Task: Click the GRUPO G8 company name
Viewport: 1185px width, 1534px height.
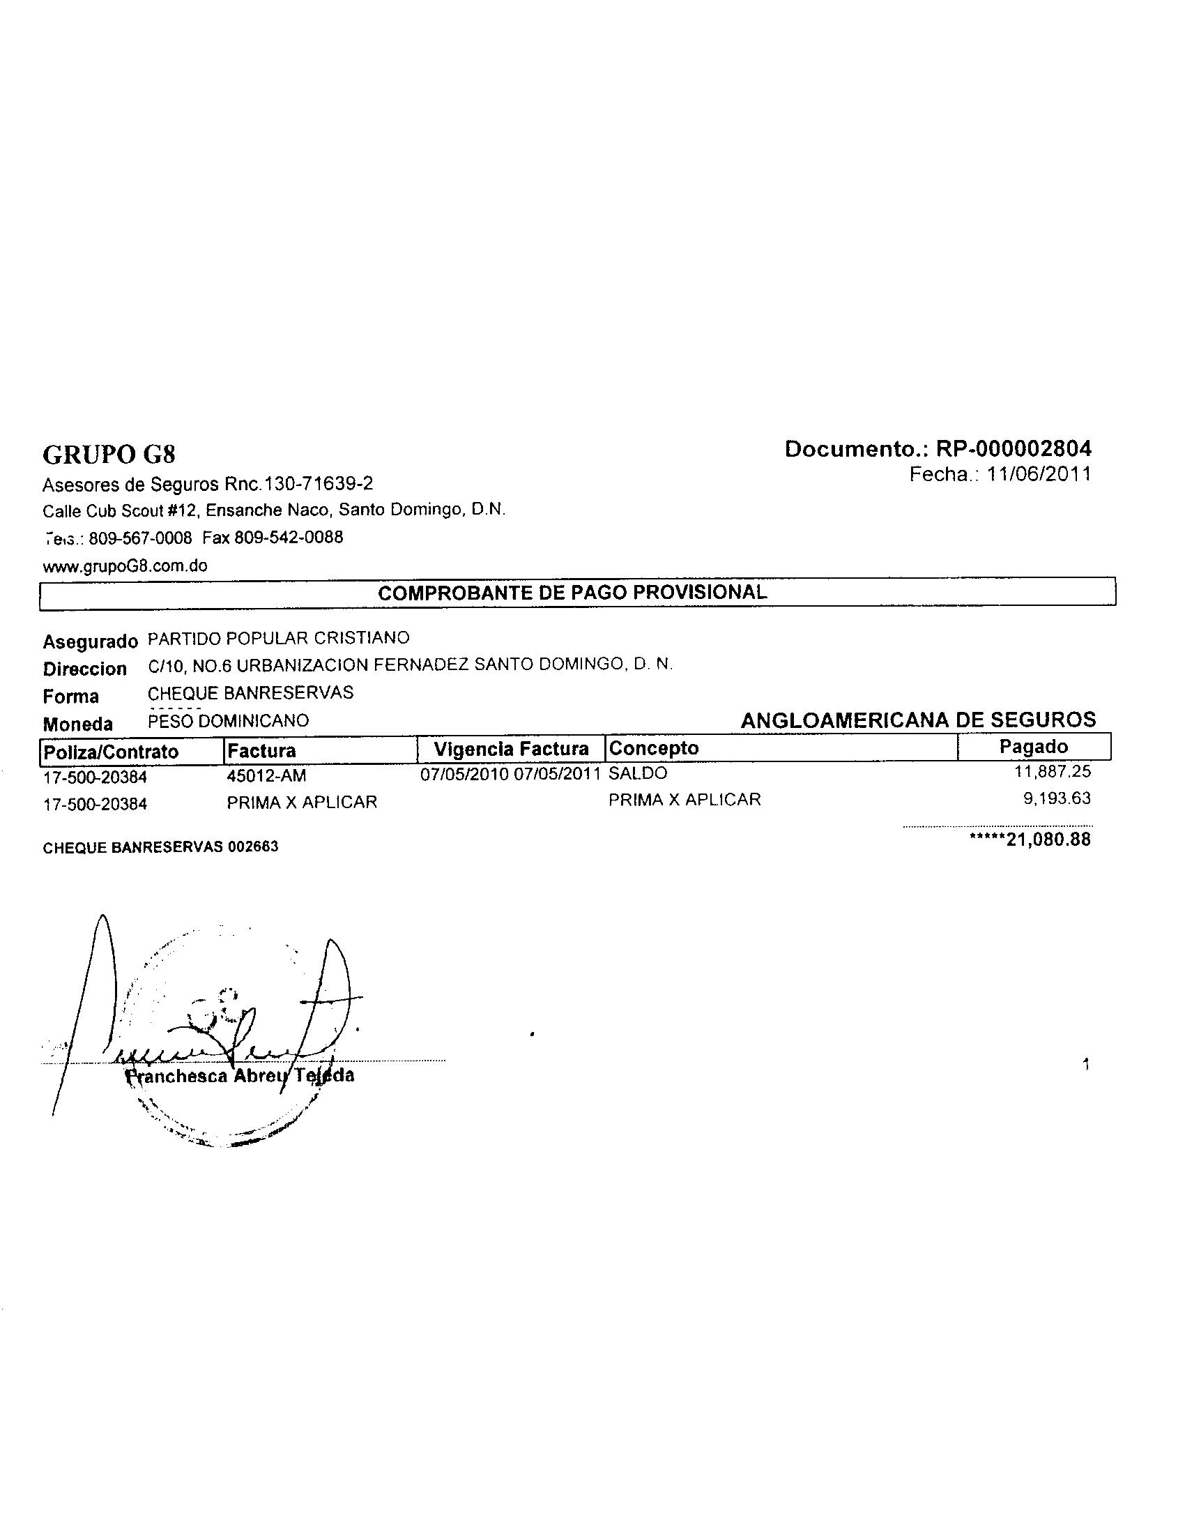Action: (109, 455)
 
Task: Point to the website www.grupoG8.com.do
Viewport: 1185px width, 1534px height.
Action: (125, 566)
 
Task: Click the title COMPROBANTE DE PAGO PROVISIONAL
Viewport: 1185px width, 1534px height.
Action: (572, 592)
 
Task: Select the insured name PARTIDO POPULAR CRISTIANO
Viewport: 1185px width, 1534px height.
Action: (279, 638)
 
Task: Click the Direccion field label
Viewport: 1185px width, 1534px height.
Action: (84, 669)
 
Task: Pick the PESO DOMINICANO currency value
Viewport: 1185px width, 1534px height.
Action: (228, 721)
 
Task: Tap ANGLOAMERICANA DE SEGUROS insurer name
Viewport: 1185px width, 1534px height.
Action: (917, 720)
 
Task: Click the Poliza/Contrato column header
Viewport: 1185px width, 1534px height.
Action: (111, 752)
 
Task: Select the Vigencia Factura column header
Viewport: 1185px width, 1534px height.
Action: (510, 750)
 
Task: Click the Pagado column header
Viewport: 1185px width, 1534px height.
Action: (1033, 747)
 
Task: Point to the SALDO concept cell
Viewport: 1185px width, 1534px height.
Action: (637, 773)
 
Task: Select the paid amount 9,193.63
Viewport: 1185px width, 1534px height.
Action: (1057, 798)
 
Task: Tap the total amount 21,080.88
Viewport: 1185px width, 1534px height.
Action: (1048, 840)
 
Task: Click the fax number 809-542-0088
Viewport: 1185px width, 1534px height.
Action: (289, 538)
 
